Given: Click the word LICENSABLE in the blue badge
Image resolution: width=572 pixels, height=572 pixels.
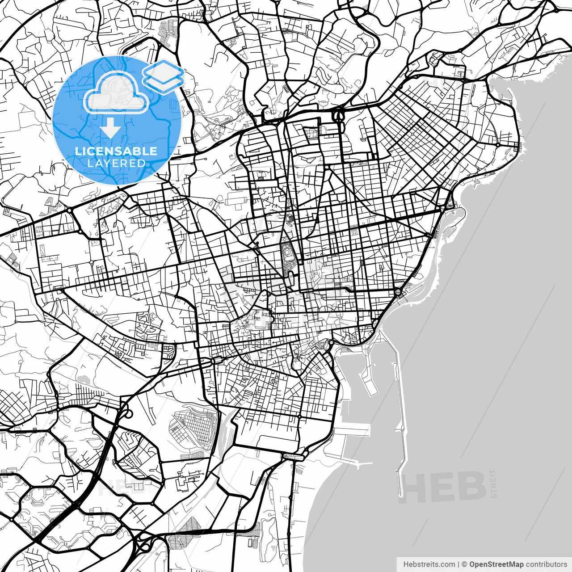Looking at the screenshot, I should (x=116, y=151).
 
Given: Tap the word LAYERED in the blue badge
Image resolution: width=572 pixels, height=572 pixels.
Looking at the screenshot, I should (x=116, y=163).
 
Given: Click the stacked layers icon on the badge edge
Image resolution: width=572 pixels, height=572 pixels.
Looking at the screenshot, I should (x=164, y=76).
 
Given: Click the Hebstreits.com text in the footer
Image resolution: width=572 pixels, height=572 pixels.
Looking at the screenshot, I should (x=429, y=564).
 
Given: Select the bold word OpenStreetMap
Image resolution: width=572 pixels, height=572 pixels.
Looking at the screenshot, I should (x=496, y=564).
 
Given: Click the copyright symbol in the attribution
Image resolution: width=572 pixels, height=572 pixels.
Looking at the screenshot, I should (x=464, y=564).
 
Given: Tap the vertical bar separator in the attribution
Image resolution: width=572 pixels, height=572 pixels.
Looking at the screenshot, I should (x=459, y=564).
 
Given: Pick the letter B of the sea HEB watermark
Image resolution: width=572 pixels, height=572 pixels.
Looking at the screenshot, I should (x=472, y=487).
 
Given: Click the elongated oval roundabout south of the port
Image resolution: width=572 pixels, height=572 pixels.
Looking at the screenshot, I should (x=294, y=456).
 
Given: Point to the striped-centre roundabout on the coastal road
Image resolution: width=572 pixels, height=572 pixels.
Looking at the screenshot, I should (x=398, y=292).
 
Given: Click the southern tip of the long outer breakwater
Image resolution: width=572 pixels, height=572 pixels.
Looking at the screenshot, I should (x=400, y=469).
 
